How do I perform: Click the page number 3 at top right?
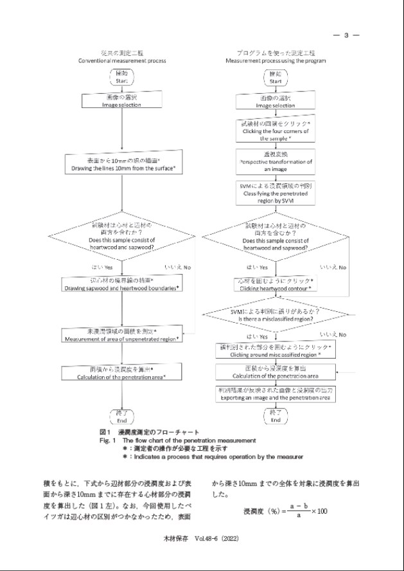346,35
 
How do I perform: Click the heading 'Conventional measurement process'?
122,60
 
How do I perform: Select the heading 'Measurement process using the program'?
276,60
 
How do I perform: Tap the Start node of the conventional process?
122,78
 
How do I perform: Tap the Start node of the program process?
276,78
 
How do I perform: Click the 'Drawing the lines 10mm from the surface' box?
122,164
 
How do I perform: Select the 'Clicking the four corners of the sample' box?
276,131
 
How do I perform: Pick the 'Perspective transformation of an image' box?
276,163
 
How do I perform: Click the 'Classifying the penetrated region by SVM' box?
276,193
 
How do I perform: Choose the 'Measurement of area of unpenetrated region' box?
122,334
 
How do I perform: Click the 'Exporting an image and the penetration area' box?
276,394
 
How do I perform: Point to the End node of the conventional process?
122,416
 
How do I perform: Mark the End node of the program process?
276,416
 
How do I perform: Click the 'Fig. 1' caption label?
107,440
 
